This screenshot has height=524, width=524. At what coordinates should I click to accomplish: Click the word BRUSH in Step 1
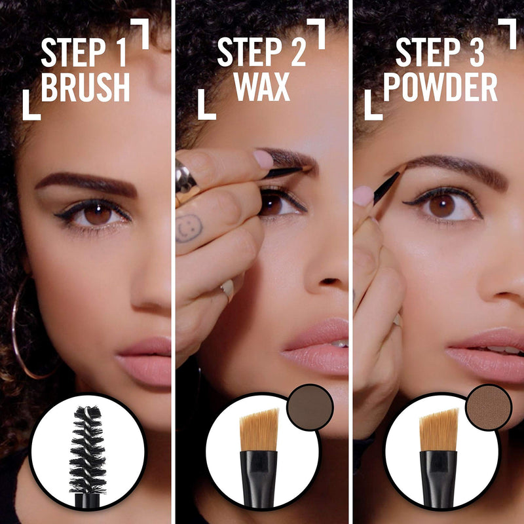[x=85, y=88]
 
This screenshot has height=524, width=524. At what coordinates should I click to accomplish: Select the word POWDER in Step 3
[x=440, y=88]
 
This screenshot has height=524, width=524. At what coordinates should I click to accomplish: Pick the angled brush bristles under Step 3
[x=439, y=429]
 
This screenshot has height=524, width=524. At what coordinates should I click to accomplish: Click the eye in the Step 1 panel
[x=97, y=214]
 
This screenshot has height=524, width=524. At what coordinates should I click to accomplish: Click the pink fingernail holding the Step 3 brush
[x=363, y=195]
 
